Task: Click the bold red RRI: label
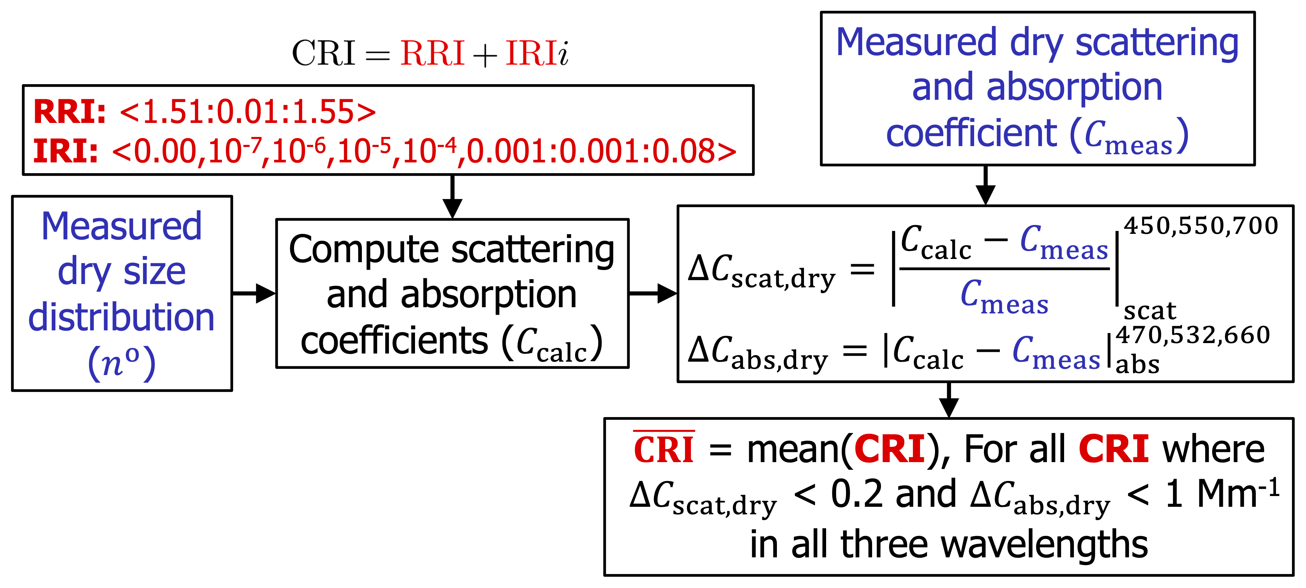pyautogui.click(x=69, y=112)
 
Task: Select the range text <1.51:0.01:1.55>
pyautogui.click(x=248, y=112)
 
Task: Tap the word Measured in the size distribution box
pyautogui.click(x=122, y=226)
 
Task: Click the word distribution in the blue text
pyautogui.click(x=122, y=318)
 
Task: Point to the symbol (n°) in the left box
pyautogui.click(x=122, y=363)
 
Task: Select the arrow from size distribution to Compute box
pyautogui.click(x=254, y=293)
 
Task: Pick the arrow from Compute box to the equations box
pyautogui.click(x=653, y=293)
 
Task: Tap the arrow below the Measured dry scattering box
pyautogui.click(x=985, y=186)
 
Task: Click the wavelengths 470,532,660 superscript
pyautogui.click(x=1193, y=335)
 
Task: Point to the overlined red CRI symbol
pyautogui.click(x=664, y=449)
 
